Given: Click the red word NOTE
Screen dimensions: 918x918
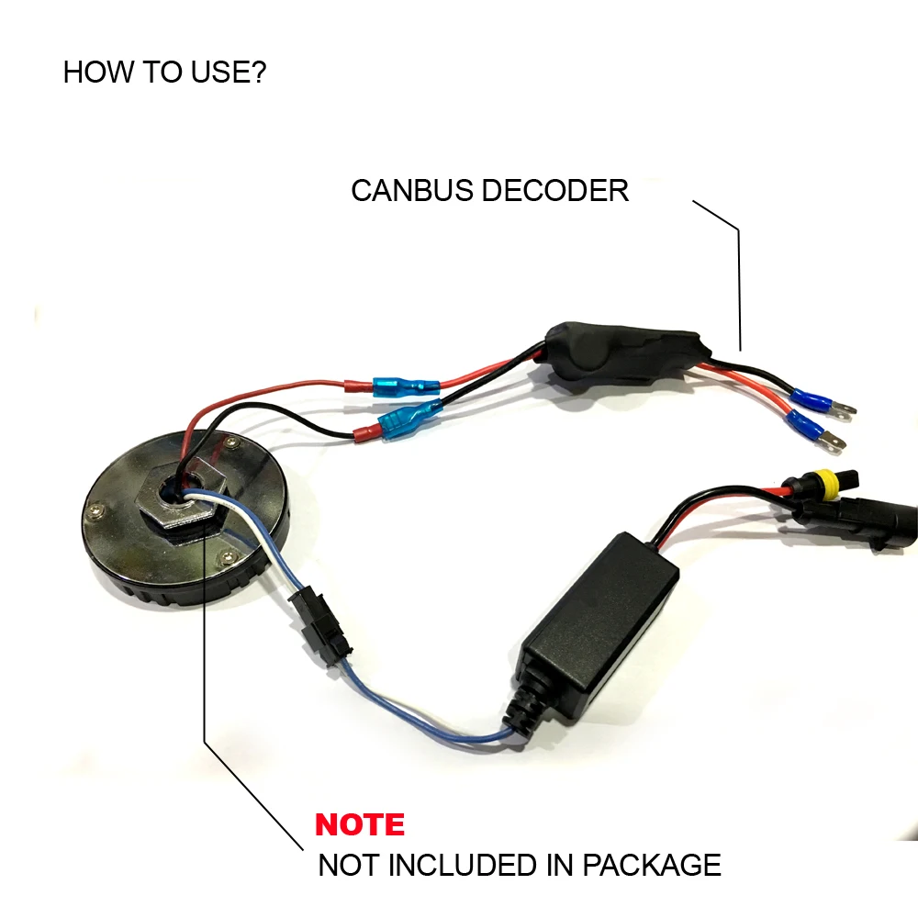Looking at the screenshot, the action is [360, 824].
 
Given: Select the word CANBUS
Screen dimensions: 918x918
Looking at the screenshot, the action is [413, 191].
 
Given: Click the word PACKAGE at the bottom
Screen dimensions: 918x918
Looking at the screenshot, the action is [652, 866].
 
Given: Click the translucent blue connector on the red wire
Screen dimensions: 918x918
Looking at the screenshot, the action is [406, 387].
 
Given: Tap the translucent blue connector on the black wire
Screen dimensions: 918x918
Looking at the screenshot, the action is [409, 418].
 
